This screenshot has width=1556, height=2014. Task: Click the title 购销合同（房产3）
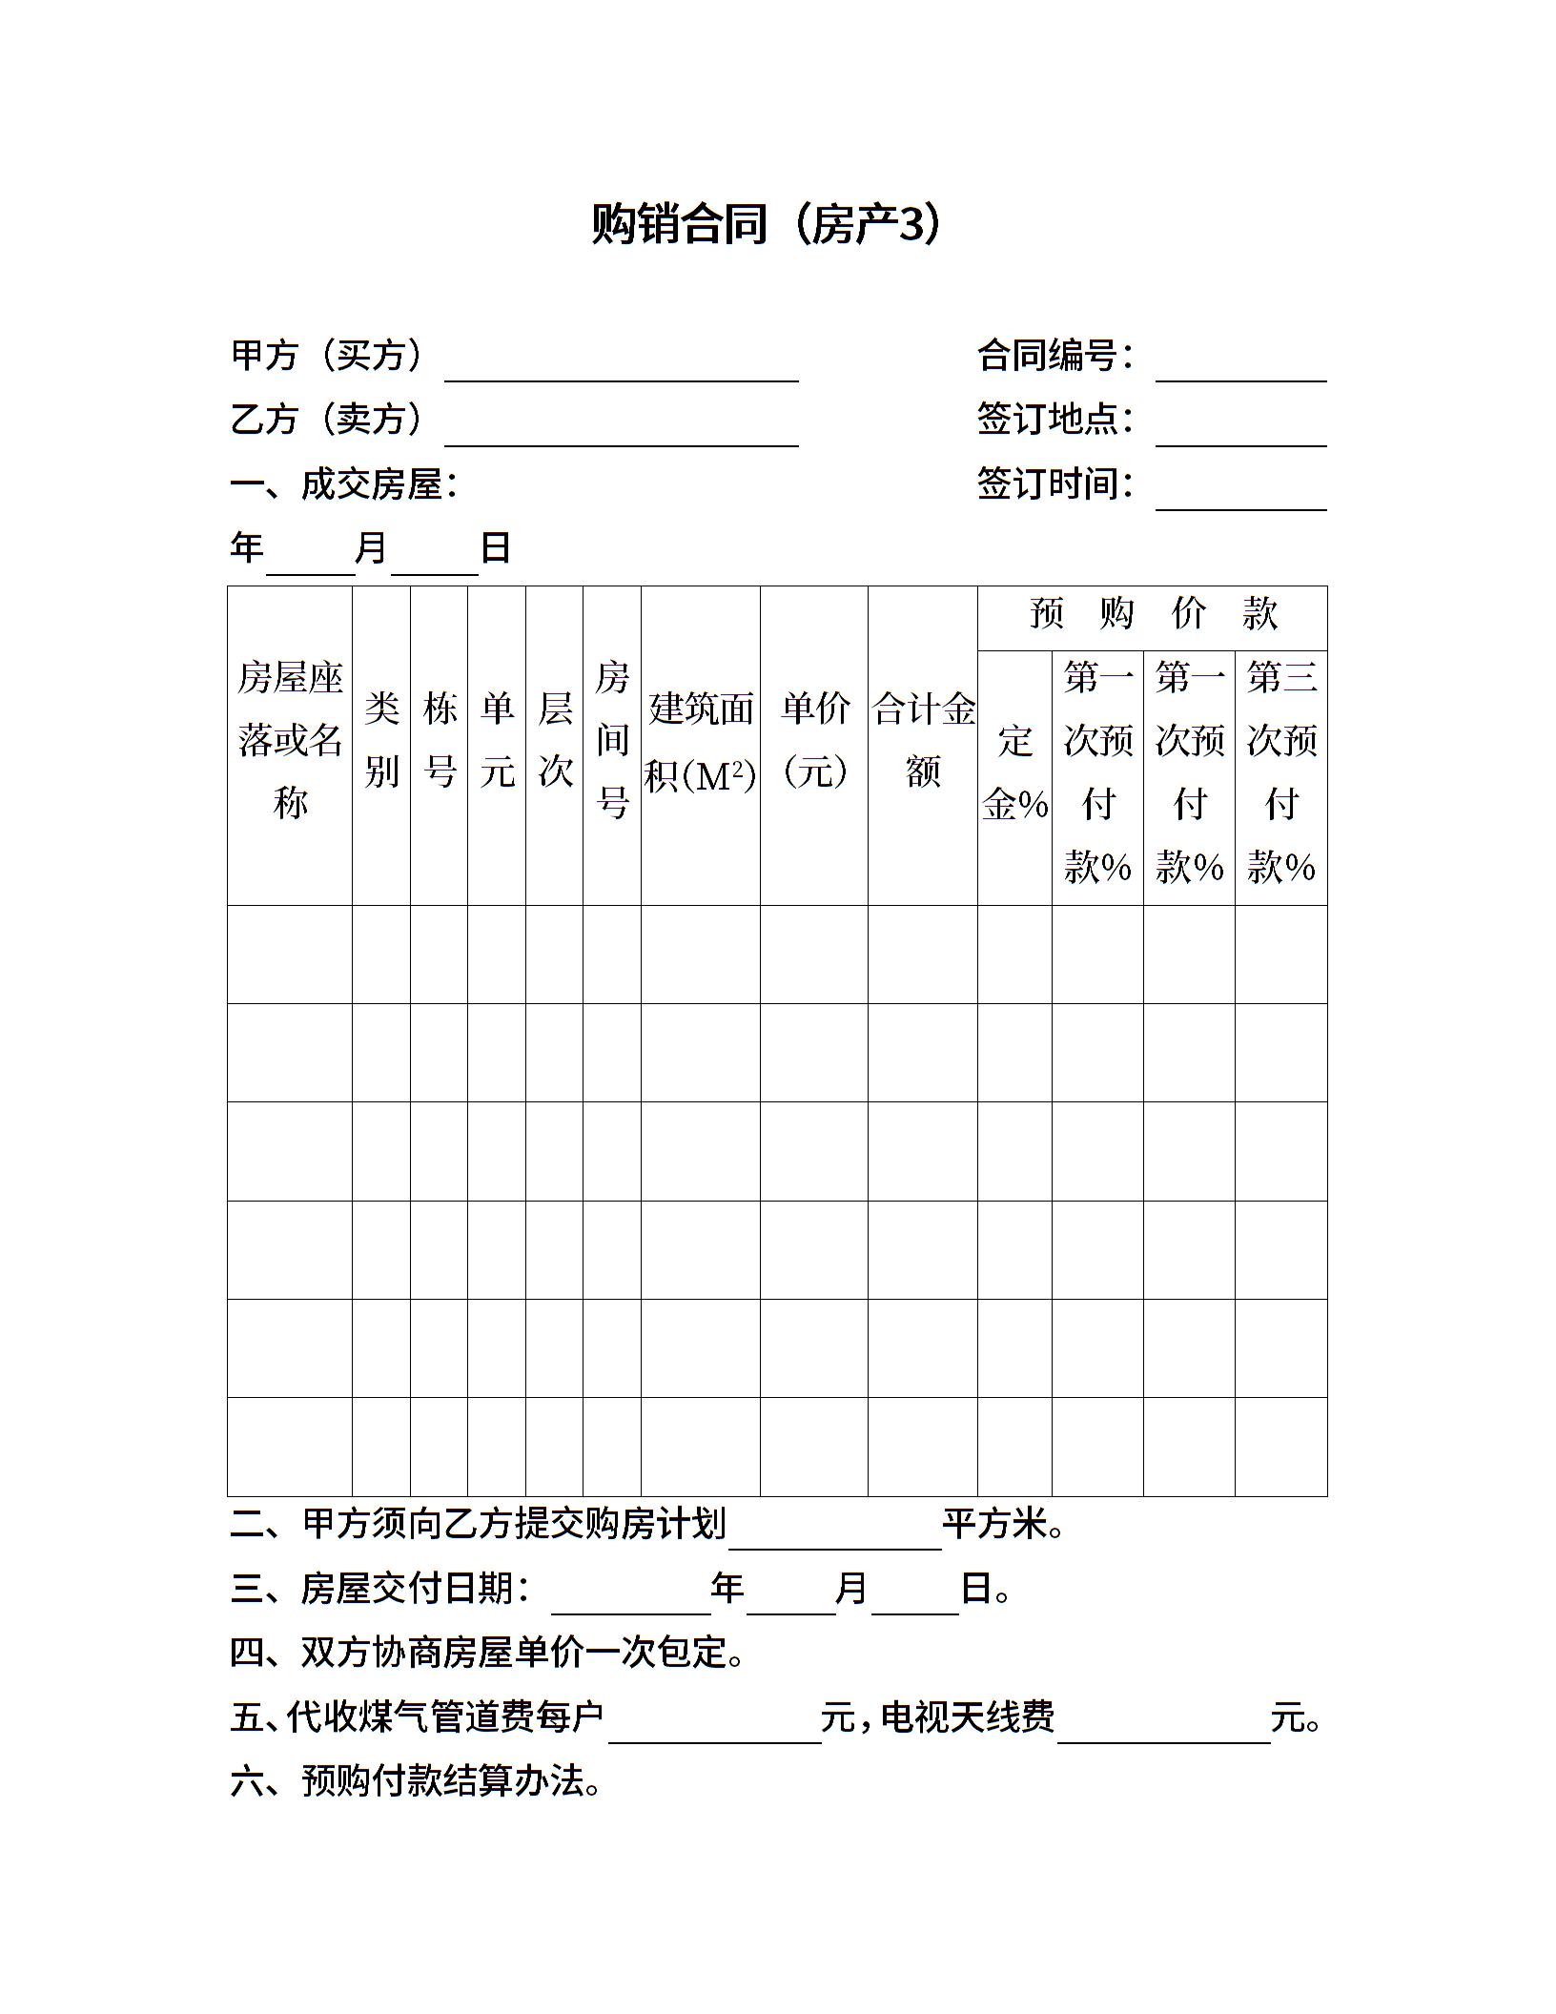pyautogui.click(x=767, y=225)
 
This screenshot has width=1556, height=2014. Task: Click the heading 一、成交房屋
pyautogui.click(x=344, y=484)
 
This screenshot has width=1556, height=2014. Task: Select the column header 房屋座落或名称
pyautogui.click(x=290, y=740)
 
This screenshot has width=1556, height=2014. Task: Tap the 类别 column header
pyautogui.click(x=381, y=740)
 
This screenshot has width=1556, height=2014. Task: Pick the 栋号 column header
pyautogui.click(x=440, y=740)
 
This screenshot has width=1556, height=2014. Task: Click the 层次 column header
pyautogui.click(x=555, y=740)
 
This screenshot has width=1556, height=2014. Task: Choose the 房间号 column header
pyautogui.click(x=612, y=740)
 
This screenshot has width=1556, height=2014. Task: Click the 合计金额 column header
pyautogui.click(x=923, y=740)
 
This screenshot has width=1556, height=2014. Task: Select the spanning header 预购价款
pyautogui.click(x=1153, y=614)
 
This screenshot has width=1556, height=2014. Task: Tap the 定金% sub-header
pyautogui.click(x=1014, y=772)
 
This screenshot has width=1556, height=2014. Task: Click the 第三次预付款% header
pyautogui.click(x=1281, y=772)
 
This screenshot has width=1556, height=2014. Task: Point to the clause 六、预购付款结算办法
pyautogui.click(x=417, y=1781)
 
